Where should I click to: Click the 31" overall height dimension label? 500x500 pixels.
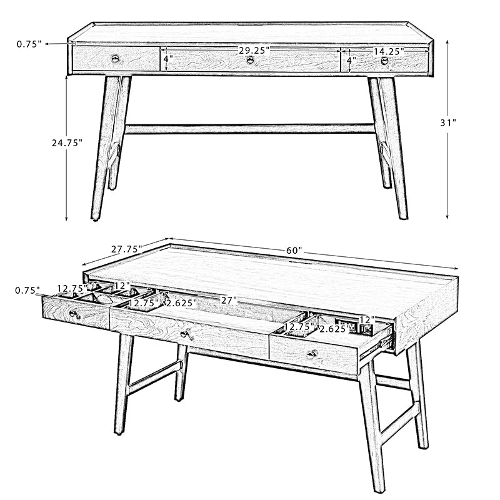[x=448, y=122]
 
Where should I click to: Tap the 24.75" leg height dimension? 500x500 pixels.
[x=67, y=143]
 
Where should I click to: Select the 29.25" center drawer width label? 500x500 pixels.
[x=254, y=51]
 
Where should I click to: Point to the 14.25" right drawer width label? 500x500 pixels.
[x=389, y=51]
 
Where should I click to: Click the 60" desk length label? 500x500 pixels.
[x=294, y=251]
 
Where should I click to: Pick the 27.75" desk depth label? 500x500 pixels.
[x=126, y=249]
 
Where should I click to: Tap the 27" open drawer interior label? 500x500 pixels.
[x=229, y=300]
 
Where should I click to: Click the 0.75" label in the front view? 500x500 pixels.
[x=29, y=44]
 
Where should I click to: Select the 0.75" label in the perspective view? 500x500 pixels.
[x=27, y=291]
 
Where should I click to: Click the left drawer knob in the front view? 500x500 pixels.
[x=116, y=58]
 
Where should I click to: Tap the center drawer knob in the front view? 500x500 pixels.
[x=251, y=59]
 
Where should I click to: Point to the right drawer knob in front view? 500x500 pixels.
[x=385, y=61]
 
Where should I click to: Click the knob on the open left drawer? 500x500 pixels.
[x=74, y=314]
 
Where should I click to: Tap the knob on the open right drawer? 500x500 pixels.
[x=312, y=354]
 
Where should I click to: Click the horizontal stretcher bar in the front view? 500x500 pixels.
[x=249, y=129]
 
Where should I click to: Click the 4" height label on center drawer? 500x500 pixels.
[x=168, y=59]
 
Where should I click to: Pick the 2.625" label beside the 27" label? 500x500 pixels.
[x=181, y=303]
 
